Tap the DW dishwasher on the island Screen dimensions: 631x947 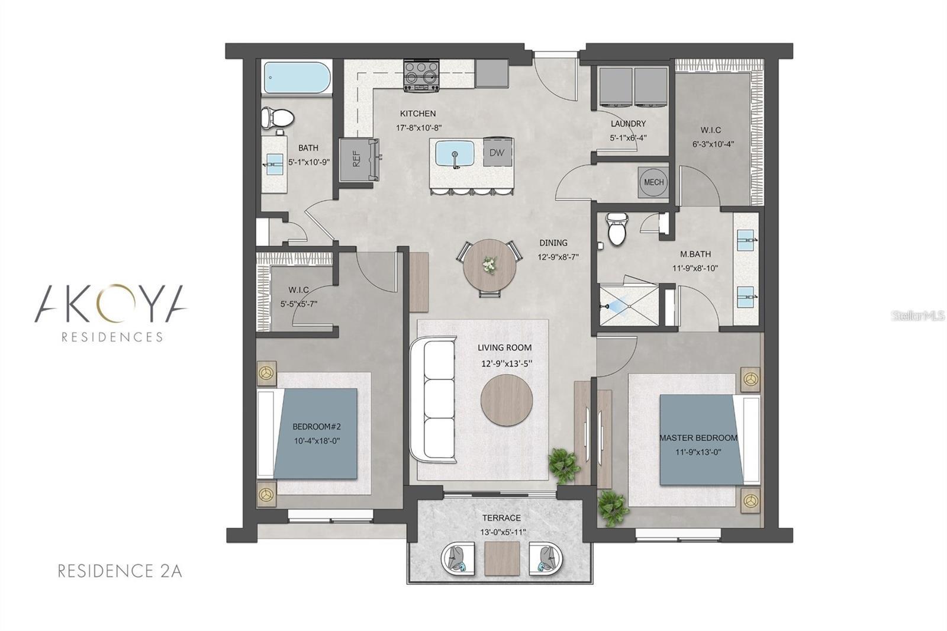click(497, 153)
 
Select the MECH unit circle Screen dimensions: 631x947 click(653, 182)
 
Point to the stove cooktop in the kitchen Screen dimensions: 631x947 click(421, 76)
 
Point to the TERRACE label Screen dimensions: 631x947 click(501, 518)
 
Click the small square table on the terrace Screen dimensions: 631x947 click(502, 558)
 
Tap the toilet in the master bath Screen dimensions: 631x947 click(616, 228)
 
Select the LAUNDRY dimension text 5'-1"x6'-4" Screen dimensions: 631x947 click(628, 137)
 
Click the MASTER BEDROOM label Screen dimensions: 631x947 click(698, 438)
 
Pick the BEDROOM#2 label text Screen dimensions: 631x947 click(317, 427)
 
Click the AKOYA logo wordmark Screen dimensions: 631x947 click(111, 303)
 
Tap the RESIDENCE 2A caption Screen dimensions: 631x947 click(119, 571)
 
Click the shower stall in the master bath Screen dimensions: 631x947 click(627, 305)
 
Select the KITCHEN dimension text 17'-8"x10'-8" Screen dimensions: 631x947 click(419, 127)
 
